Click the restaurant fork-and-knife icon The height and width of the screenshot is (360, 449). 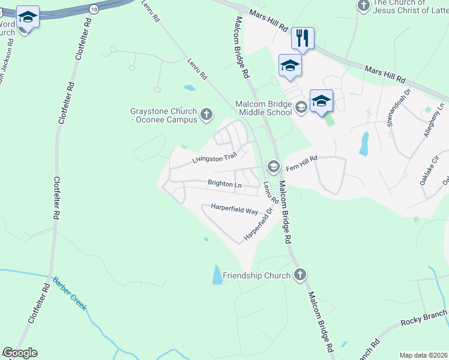(x=303, y=39)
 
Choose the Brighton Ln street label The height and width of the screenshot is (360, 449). (x=224, y=184)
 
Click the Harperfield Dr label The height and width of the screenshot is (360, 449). (x=258, y=225)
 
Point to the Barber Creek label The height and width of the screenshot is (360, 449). (x=69, y=293)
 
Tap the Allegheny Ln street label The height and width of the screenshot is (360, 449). (x=433, y=120)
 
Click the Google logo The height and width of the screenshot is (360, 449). (x=20, y=353)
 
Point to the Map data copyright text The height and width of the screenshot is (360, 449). (x=423, y=355)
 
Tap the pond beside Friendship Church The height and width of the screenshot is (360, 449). (x=216, y=275)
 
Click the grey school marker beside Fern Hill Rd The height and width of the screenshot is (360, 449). (x=274, y=166)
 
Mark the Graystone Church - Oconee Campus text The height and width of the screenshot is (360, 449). (x=164, y=115)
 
